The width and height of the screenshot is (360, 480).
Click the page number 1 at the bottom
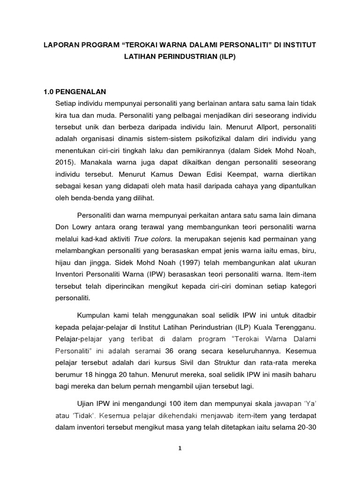coord(180,448)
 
